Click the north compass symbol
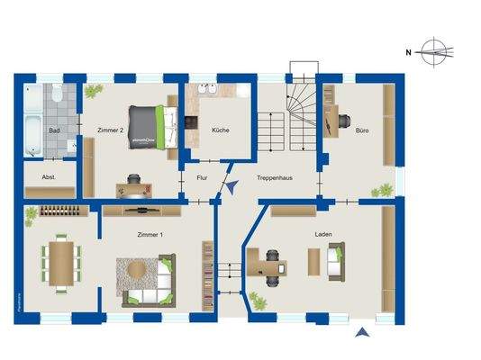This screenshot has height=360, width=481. (x=433, y=52)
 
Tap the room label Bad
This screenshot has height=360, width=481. (x=54, y=130)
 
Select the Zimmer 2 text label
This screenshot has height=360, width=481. (x=109, y=130)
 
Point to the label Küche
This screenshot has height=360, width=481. (x=220, y=130)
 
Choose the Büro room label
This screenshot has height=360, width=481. (x=361, y=130)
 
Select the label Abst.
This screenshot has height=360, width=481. (x=49, y=177)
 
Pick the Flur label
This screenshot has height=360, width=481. (x=202, y=178)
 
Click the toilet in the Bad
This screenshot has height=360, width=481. (x=56, y=94)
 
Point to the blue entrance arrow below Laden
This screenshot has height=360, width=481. (x=361, y=334)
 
